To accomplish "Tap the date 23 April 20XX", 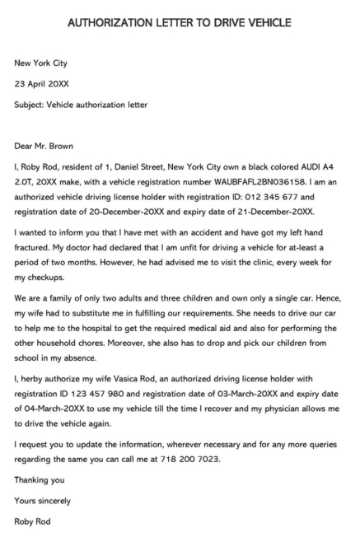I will pyautogui.click(x=42, y=83).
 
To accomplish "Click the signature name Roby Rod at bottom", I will pyautogui.click(x=33, y=521).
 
